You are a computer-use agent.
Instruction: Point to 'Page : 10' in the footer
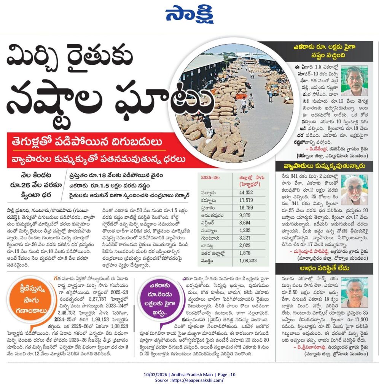225,375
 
